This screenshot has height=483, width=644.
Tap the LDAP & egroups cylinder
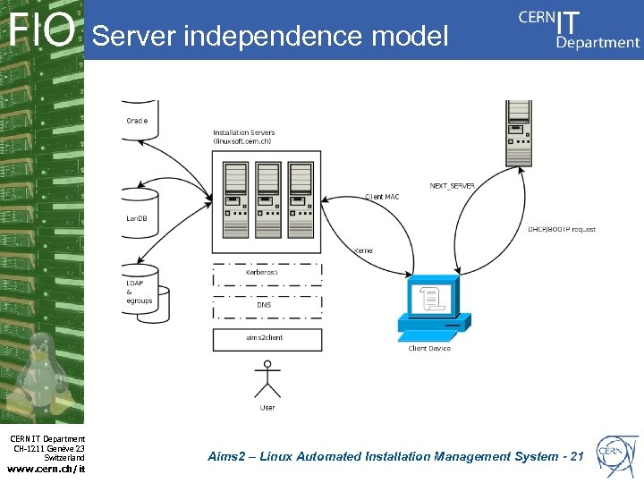(x=140, y=289)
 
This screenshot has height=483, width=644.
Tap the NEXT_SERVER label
(x=452, y=186)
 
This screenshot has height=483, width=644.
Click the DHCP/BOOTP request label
(x=561, y=230)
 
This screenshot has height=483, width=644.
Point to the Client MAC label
(x=382, y=197)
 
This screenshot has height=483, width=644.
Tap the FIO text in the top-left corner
(x=42, y=31)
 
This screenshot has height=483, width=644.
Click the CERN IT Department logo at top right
(x=579, y=29)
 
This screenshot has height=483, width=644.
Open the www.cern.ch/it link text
(x=46, y=467)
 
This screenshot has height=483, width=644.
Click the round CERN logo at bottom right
(x=618, y=454)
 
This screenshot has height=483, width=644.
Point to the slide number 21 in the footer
(x=576, y=457)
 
